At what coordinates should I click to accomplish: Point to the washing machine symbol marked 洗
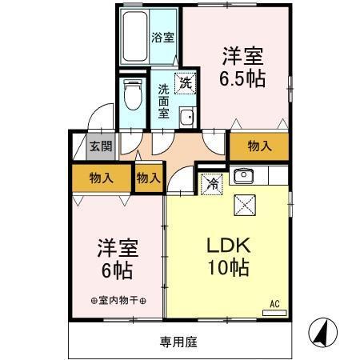pos(185,82)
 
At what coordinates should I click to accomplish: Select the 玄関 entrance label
pos(100,146)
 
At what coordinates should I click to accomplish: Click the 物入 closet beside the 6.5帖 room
pos(258,146)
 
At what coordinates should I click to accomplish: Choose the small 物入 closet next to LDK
pos(148,178)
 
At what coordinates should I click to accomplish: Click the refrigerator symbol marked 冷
pos(212,182)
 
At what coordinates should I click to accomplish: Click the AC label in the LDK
pos(274,303)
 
